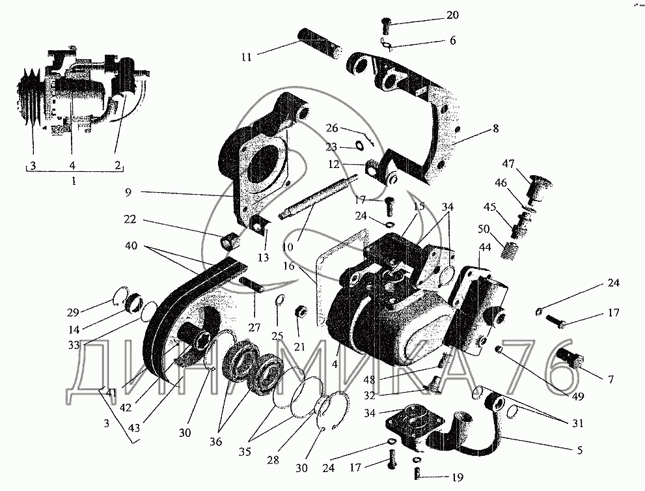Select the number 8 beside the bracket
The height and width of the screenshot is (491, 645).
tap(496, 130)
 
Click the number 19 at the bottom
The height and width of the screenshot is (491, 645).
tap(458, 479)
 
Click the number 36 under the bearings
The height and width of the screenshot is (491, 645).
tap(216, 442)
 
